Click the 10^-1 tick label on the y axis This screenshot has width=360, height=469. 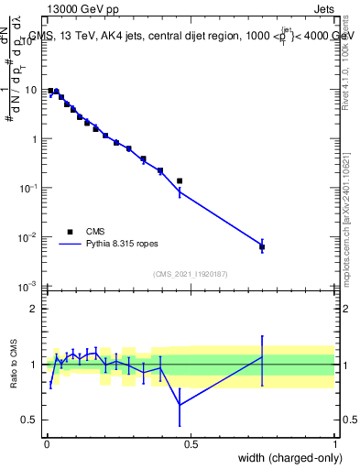[x=29, y=188]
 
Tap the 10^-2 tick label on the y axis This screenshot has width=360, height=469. [x=29, y=237]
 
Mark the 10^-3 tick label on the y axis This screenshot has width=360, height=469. [x=29, y=287]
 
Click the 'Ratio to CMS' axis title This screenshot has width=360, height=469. [x=14, y=365]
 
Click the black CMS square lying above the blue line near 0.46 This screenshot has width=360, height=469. [x=180, y=181]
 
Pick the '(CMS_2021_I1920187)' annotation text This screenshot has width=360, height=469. [x=191, y=274]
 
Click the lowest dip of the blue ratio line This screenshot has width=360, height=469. [x=180, y=405]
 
